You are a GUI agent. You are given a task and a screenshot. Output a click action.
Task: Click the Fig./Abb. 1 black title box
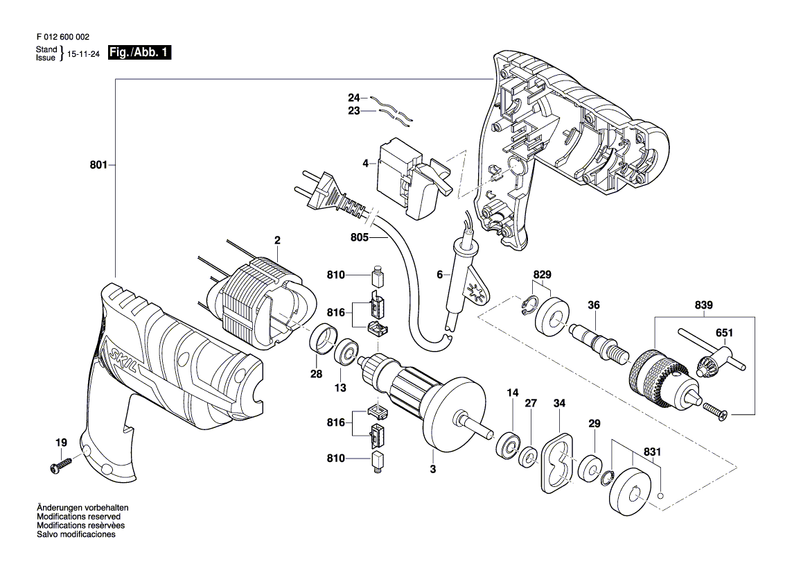click(x=139, y=53)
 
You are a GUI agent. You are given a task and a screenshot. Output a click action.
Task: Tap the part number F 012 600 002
click(x=63, y=37)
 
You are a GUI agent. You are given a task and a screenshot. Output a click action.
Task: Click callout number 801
click(x=98, y=165)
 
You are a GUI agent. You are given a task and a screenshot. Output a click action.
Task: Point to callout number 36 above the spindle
click(x=594, y=305)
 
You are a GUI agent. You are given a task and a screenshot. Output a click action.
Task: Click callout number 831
click(x=653, y=452)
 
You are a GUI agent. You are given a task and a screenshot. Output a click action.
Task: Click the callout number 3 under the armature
click(x=433, y=469)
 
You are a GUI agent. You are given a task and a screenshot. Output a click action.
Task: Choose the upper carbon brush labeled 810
click(x=379, y=277)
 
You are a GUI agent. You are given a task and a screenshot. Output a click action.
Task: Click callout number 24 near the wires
click(x=353, y=98)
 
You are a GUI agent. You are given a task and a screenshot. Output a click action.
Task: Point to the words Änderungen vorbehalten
click(x=82, y=508)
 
